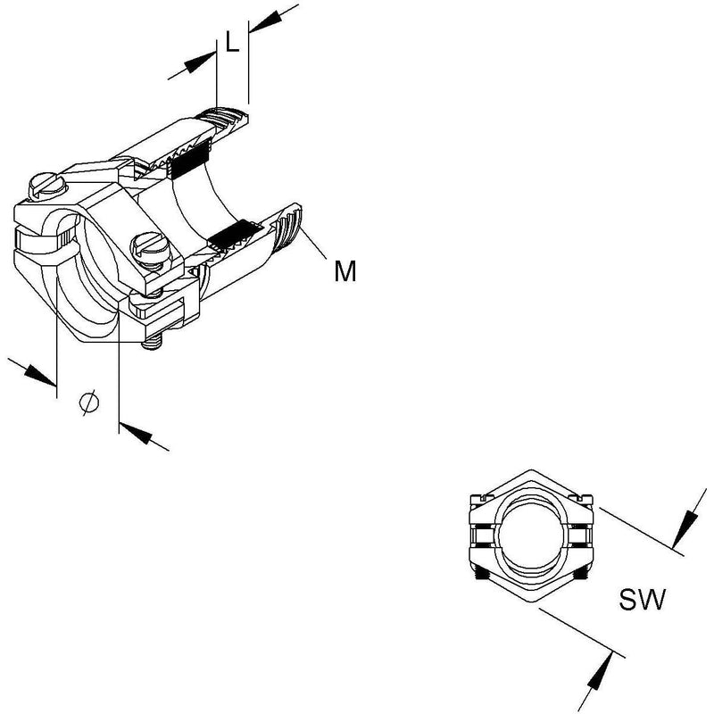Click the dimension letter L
point(233,43)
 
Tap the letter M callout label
point(345,271)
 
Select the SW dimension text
point(642,599)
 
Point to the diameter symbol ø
point(89,403)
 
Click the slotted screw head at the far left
point(47,186)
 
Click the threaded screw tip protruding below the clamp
point(154,343)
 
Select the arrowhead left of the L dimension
point(199,62)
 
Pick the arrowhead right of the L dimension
point(265,21)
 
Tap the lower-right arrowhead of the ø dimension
point(136,433)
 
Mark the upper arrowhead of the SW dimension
point(685,529)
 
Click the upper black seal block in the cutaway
point(191,157)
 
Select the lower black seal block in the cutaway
point(236,233)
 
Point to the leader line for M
point(312,245)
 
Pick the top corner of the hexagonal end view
point(531,469)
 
